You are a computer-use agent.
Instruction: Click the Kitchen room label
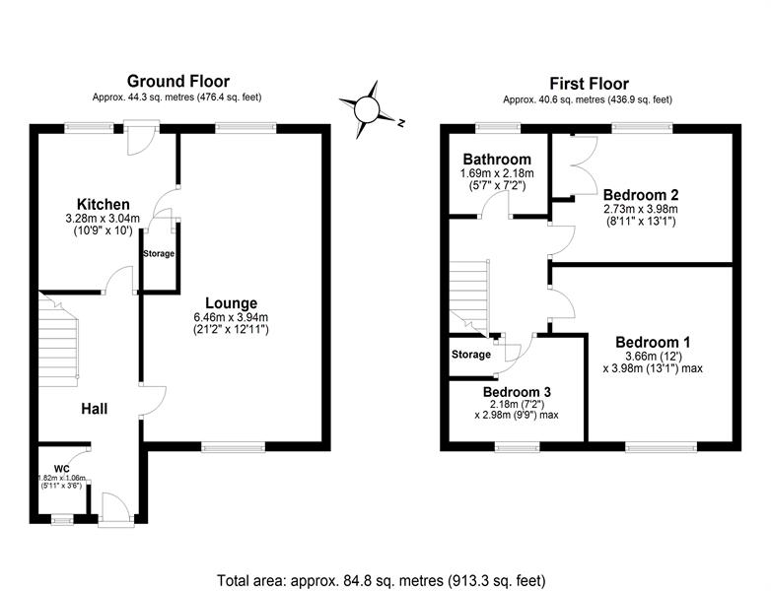click(104, 204)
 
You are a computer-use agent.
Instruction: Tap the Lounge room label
click(231, 303)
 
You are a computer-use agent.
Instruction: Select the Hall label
click(95, 409)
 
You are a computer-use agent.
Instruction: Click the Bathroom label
click(497, 160)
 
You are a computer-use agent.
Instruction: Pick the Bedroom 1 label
click(653, 342)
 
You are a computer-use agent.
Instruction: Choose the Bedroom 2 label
click(641, 195)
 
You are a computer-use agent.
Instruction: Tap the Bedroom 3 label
click(517, 392)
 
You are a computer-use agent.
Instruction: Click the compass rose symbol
click(368, 109)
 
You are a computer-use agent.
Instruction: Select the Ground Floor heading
click(178, 81)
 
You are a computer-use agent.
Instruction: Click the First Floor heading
click(589, 84)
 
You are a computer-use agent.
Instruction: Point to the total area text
click(382, 580)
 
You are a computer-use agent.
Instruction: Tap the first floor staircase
click(469, 297)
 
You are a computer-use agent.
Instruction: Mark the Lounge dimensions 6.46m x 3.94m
click(231, 317)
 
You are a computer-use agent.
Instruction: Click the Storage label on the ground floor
click(159, 253)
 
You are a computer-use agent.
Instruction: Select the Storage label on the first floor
click(471, 355)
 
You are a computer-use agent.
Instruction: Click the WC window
click(62, 519)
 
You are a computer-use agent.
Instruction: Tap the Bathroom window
click(498, 128)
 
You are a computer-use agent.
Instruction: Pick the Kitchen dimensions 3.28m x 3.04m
click(103, 218)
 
